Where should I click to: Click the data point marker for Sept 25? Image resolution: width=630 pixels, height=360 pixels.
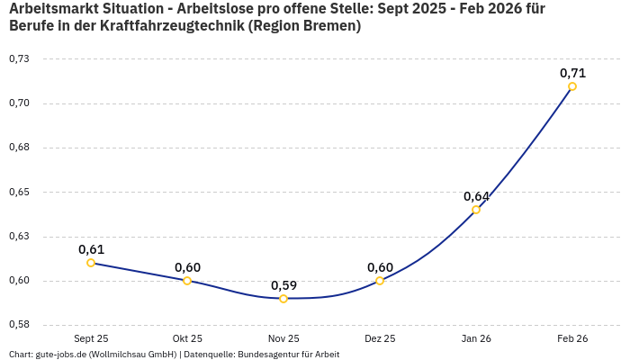coord(91,263)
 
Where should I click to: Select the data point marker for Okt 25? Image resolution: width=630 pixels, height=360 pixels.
coord(187,281)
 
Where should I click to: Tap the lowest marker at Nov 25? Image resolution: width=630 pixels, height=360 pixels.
coord(283,299)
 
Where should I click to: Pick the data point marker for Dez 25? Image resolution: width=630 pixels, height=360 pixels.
coord(380,281)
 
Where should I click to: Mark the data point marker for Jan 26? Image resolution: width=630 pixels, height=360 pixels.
coord(476,210)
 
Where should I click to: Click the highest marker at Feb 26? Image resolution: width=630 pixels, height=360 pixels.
coord(572,86)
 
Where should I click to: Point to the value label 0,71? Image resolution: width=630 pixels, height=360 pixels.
coord(572,73)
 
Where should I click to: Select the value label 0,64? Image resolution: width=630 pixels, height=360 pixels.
coord(476,196)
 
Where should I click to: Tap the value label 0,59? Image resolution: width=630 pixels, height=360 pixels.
coord(283,285)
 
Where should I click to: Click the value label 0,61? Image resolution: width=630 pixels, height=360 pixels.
coord(91,249)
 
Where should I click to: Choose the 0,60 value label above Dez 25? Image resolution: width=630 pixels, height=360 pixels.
coord(380,267)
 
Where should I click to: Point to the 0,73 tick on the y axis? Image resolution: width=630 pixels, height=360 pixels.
coord(19,58)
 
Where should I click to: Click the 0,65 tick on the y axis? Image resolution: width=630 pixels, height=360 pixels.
coord(19,192)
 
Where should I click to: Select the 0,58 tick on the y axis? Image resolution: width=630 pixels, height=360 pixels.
coord(19,325)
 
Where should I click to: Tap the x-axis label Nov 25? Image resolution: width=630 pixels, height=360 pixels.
coord(283,338)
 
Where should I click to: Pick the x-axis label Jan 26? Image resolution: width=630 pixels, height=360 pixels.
coord(476,338)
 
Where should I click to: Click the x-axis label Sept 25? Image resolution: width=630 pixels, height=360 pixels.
coord(91,338)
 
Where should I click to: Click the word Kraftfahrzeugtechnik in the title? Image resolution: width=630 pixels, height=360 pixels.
coord(163,26)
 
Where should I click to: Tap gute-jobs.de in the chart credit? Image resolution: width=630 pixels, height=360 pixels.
coord(60,355)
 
